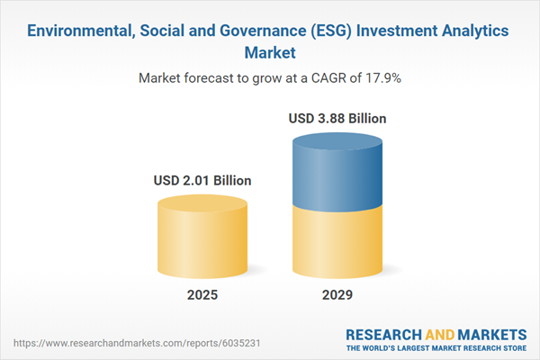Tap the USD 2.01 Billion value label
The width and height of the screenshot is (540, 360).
(x=202, y=181)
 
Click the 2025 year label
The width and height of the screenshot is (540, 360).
(x=202, y=295)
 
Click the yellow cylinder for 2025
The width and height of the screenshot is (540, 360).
(x=202, y=238)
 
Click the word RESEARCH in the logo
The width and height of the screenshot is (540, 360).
(x=382, y=334)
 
